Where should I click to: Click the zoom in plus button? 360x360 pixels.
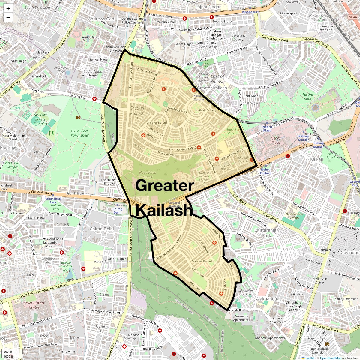pyautogui.click(x=8, y=9)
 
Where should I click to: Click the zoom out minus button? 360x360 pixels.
pyautogui.click(x=8, y=17)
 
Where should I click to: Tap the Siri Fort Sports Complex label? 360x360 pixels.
pyautogui.click(x=40, y=119)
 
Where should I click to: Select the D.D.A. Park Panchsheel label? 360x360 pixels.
pyautogui.click(x=80, y=133)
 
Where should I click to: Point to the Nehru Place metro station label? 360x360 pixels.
pyautogui.click(x=267, y=129)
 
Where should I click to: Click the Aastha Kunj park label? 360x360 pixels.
pyautogui.click(x=307, y=96)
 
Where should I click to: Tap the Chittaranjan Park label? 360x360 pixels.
pyautogui.click(x=267, y=233)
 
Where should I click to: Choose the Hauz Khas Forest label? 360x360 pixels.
pyautogui.click(x=148, y=175)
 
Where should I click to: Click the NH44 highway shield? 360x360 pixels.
pyautogui.click(x=353, y=17)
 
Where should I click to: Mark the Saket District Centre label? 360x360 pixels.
pyautogui.click(x=34, y=305)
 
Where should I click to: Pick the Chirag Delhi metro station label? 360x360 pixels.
pyautogui.click(x=117, y=211)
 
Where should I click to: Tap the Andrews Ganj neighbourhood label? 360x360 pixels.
pyautogui.click(x=101, y=19)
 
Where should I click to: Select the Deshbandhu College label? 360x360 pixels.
pyautogui.click(x=294, y=216)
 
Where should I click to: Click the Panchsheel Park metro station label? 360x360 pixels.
pyautogui.click(x=53, y=200)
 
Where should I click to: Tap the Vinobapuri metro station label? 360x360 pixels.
pyautogui.click(x=250, y=12)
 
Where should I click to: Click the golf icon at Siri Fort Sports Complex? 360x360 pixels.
pyautogui.click(x=52, y=132)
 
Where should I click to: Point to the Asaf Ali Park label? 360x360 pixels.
pyautogui.click(x=231, y=131)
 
